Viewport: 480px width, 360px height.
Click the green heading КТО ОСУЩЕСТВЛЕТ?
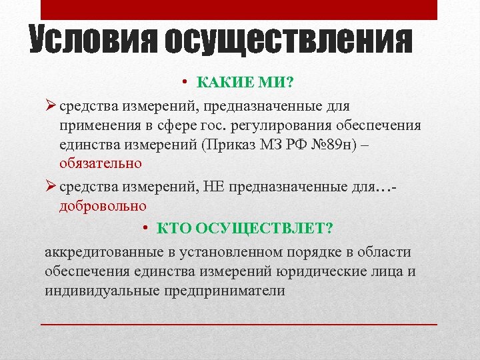click(x=245, y=229)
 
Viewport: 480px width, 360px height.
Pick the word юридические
click(x=327, y=272)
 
